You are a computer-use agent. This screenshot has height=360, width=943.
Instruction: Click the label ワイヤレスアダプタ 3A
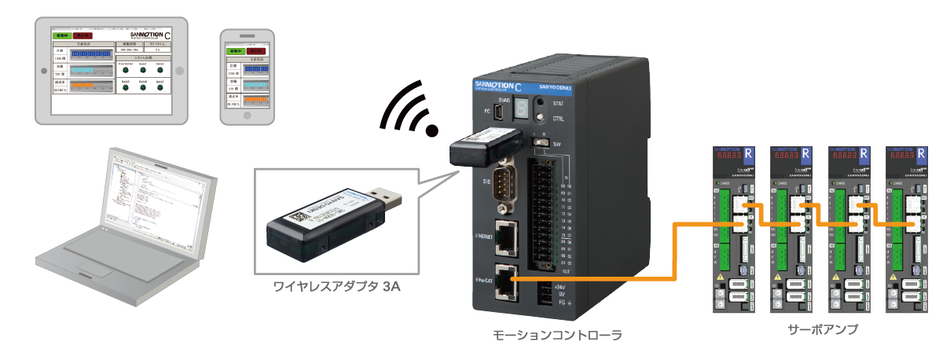[x=336, y=288]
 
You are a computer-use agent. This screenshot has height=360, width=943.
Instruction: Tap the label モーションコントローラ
[x=556, y=336]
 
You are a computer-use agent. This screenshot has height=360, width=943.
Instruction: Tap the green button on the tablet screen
[x=61, y=35]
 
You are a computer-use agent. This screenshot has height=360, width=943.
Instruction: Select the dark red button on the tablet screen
[x=83, y=35]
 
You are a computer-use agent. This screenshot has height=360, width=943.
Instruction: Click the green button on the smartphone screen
[x=232, y=52]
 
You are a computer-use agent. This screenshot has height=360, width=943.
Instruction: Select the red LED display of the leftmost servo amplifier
[x=736, y=156]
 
